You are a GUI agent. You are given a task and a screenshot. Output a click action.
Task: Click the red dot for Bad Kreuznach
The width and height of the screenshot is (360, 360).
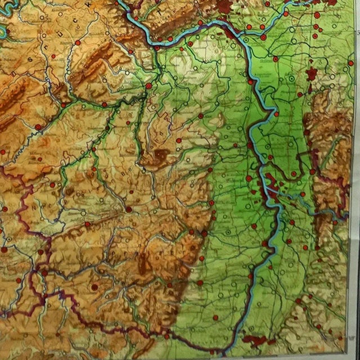[148, 86]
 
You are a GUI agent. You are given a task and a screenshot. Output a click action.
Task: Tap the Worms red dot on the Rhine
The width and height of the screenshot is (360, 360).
[250, 145]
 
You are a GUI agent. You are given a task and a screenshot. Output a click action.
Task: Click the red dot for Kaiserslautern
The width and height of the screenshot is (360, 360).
[129, 209]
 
